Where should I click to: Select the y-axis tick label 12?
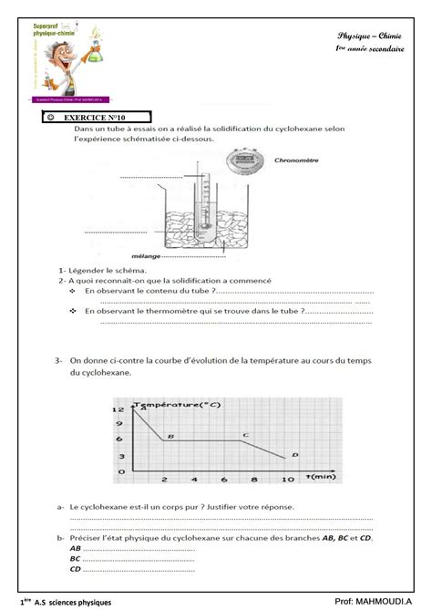coord(118,409)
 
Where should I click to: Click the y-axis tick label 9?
coord(118,425)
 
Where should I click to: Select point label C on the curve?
coord(244,434)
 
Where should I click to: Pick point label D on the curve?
coord(293,454)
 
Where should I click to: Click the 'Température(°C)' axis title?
coord(178,402)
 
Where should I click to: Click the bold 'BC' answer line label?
coord(75,558)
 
